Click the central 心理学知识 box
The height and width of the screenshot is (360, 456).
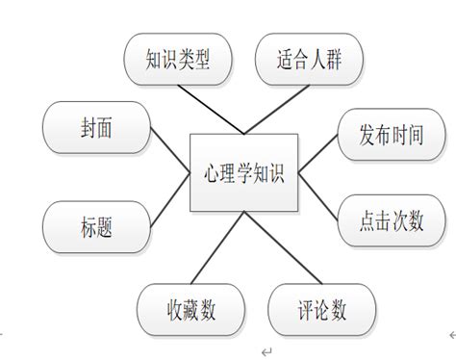click(x=245, y=173)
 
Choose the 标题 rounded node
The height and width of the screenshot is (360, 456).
click(x=93, y=228)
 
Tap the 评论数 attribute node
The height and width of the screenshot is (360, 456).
click(x=320, y=310)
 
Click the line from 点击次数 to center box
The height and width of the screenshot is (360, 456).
click(x=317, y=197)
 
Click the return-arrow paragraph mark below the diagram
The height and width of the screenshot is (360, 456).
click(x=266, y=351)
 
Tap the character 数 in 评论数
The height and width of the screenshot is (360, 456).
click(x=337, y=310)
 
